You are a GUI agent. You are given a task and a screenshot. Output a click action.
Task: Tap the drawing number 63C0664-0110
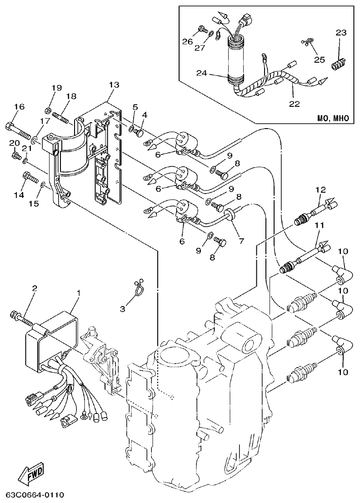(35, 494)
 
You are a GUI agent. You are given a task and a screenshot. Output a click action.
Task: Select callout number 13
(114, 85)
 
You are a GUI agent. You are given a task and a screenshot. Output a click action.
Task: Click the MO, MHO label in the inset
(333, 118)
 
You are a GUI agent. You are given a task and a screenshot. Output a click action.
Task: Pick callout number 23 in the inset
(341, 33)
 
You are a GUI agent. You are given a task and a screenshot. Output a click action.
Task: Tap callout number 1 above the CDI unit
(78, 294)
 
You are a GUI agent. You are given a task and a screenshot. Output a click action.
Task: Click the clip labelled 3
(138, 287)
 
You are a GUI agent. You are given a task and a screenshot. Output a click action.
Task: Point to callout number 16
(19, 107)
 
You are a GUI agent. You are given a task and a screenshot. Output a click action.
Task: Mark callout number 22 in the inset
(294, 104)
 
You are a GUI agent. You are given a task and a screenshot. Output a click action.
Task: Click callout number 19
(56, 87)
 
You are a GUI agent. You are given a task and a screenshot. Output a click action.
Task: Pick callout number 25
(320, 59)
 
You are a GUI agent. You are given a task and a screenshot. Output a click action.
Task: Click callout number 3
(122, 309)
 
